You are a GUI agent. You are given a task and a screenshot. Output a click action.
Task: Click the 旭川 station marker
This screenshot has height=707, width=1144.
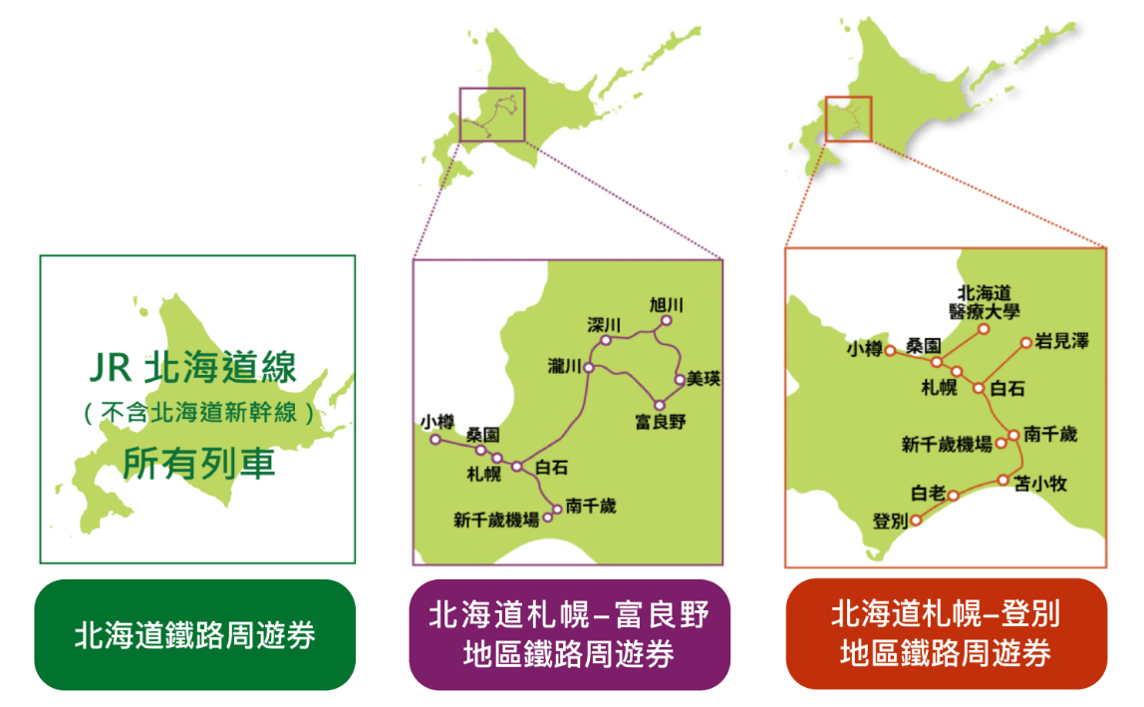(666, 321)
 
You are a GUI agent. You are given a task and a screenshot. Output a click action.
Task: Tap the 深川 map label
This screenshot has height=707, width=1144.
(604, 324)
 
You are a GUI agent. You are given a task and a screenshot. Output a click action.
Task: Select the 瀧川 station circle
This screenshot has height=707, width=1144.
(589, 367)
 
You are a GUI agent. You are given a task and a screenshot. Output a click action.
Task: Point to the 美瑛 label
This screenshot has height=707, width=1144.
(704, 378)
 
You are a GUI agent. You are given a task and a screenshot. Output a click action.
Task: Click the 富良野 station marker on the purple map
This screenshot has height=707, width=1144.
(659, 406)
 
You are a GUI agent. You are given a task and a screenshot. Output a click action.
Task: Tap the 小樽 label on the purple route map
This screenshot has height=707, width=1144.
(437, 422)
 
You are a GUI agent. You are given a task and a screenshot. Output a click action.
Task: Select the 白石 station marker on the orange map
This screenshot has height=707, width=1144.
(979, 388)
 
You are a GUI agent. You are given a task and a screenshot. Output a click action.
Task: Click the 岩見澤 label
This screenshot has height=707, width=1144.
(1061, 340)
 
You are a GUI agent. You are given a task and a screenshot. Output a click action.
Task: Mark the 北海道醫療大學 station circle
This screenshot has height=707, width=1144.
(984, 329)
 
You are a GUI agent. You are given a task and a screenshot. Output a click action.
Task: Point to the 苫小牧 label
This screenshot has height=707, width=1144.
(1040, 483)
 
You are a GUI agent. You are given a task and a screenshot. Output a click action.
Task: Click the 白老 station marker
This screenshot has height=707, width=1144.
(953, 496)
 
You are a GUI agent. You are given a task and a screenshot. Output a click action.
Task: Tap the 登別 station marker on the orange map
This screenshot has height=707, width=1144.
(916, 521)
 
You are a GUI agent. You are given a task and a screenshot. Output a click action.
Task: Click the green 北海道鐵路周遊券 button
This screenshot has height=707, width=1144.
(194, 634)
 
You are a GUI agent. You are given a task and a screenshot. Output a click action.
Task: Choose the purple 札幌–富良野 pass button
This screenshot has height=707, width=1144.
(569, 634)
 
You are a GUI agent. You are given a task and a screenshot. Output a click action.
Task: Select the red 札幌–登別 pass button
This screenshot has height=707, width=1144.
(947, 634)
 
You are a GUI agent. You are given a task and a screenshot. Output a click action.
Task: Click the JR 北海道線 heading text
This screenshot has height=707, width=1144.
(193, 367)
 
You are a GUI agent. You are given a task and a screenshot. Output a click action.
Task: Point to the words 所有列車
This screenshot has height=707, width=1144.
(198, 463)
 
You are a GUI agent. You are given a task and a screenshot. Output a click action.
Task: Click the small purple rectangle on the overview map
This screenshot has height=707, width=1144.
(491, 115)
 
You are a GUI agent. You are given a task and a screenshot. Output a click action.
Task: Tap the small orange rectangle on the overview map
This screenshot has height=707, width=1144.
(848, 119)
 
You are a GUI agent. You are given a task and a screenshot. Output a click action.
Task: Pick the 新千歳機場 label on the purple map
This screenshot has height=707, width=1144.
(496, 520)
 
